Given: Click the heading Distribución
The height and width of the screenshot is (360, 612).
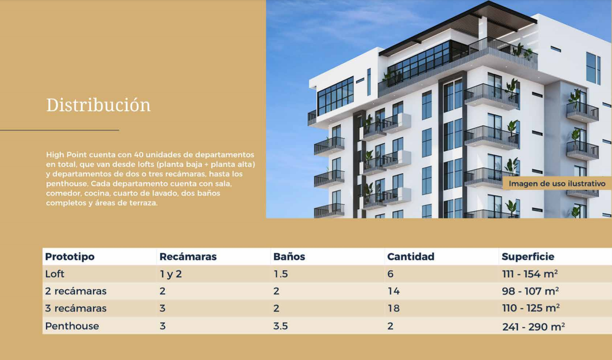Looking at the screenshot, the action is [98, 105].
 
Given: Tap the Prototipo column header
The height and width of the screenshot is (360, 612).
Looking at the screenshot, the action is [70, 256].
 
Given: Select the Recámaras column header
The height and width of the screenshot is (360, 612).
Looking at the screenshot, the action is [188, 256].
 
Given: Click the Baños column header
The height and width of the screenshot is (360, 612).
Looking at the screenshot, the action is [289, 256].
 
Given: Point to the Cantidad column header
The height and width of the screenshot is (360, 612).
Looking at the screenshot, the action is [411, 256].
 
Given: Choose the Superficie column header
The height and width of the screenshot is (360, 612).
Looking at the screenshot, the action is [528, 256].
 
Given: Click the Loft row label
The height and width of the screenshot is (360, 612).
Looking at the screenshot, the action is [55, 274].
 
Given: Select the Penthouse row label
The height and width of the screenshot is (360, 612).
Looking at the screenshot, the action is [72, 326].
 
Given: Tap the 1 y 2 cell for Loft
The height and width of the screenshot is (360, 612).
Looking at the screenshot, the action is [171, 274].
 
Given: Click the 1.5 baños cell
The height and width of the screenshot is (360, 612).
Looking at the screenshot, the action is [280, 274].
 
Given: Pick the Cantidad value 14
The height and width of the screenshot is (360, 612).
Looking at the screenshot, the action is [393, 291].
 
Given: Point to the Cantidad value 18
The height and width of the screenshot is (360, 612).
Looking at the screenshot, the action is [393, 308].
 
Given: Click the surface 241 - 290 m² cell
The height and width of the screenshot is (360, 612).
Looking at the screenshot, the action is [533, 326].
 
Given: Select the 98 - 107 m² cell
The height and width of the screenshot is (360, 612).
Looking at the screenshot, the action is [530, 291].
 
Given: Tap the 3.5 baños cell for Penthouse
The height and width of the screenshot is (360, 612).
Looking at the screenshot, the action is [280, 326].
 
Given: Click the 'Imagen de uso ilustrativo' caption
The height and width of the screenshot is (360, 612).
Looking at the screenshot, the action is [557, 184].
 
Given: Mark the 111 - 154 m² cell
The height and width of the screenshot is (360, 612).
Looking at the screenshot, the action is [530, 274].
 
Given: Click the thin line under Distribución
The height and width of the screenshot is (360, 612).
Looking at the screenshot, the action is [60, 130].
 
